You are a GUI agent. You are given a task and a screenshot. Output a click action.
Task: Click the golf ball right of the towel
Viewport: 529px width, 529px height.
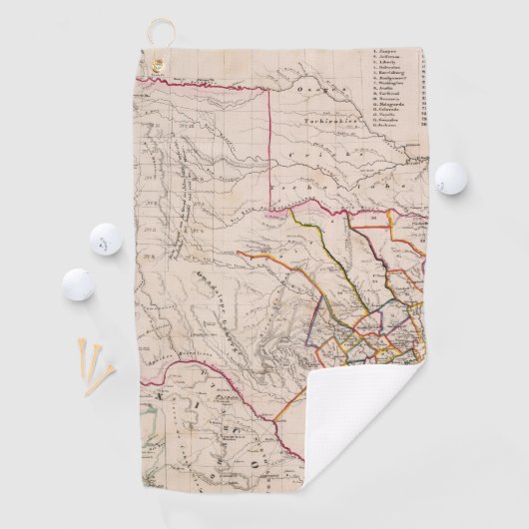[x=449, y=178]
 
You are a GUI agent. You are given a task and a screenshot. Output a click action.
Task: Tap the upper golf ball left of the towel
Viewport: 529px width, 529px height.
[x=105, y=240]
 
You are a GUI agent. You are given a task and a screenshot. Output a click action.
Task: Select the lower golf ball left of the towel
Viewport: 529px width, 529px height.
[x=78, y=284]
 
